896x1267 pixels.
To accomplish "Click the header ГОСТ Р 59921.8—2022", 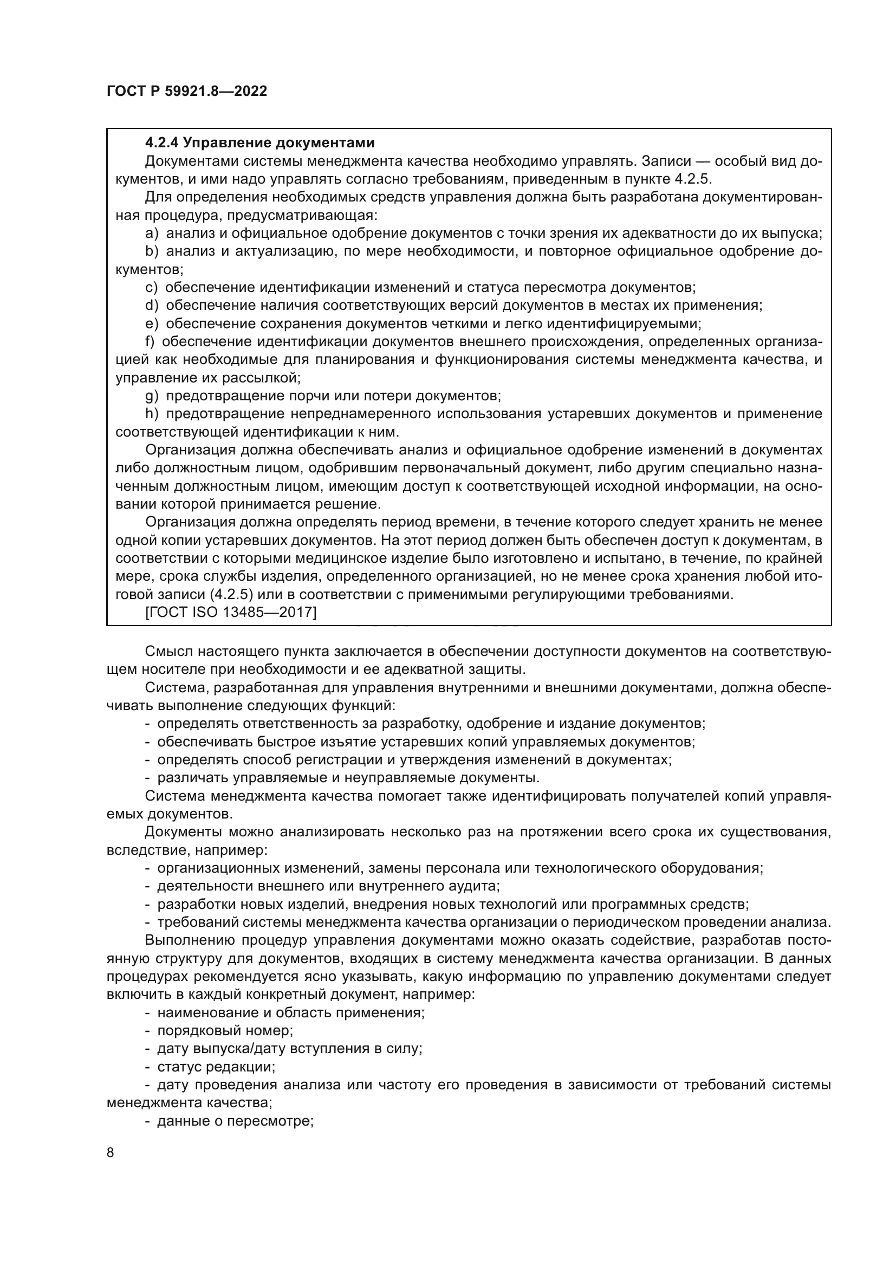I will point(186,92).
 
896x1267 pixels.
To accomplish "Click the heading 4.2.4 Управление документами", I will point(259,143).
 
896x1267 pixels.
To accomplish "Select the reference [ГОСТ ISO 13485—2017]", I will point(230,612).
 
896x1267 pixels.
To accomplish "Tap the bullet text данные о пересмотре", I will point(235,1121).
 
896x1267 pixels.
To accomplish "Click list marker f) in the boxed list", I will point(150,342).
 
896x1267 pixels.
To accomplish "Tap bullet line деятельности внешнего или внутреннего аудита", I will point(328,886).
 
